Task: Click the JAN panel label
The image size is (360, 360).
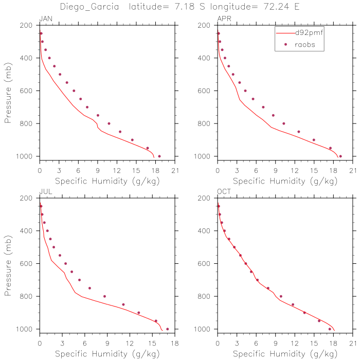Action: click(46, 19)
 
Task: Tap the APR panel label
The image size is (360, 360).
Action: click(224, 19)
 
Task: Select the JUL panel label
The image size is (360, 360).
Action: click(45, 192)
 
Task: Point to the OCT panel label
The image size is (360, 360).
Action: click(224, 192)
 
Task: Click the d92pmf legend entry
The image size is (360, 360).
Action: click(309, 32)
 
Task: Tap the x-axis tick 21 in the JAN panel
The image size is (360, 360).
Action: click(175, 171)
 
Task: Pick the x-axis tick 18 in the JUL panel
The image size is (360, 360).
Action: click(175, 344)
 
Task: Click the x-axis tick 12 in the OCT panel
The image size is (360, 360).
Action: click(295, 344)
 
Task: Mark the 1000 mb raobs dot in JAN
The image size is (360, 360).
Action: click(159, 156)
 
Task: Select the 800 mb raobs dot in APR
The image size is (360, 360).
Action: click(283, 123)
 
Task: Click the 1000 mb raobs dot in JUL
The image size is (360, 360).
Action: click(167, 329)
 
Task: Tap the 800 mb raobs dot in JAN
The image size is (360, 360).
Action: click(109, 123)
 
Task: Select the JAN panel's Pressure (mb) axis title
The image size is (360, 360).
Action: click(8, 91)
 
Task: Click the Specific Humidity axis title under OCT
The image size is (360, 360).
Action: click(285, 354)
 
